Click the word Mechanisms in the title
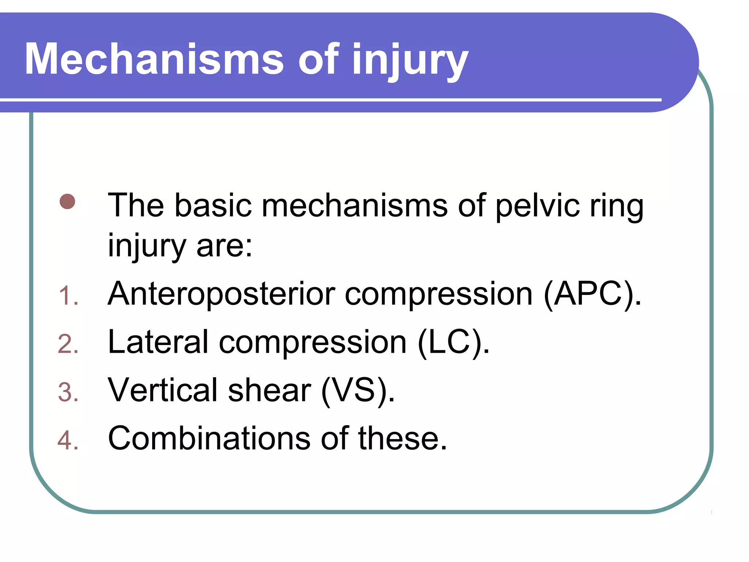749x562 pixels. (x=154, y=59)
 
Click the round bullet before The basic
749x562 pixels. (x=67, y=202)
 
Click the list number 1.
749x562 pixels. (x=68, y=296)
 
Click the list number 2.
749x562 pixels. (x=68, y=344)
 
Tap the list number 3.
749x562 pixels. (x=68, y=392)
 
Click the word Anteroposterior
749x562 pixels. (x=221, y=295)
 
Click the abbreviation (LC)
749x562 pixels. (x=453, y=342)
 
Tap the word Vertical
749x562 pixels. (x=163, y=391)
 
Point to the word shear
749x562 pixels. (x=270, y=391)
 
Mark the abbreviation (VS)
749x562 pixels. (x=358, y=391)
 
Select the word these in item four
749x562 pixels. (x=402, y=439)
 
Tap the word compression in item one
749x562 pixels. (x=439, y=295)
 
